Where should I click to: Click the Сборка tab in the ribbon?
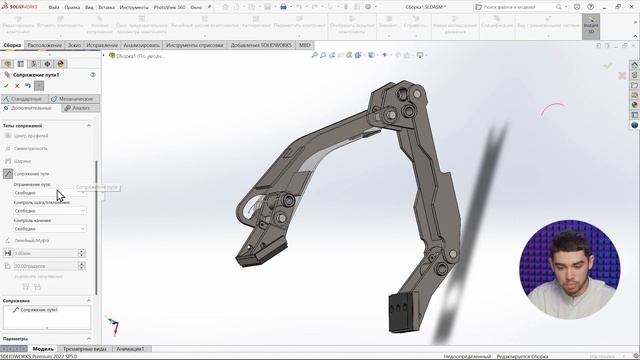coord(12,45)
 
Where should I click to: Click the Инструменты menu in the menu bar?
coord(120,6)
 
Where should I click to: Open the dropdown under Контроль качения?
coord(49,228)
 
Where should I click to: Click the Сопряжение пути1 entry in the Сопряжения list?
coord(36,310)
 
